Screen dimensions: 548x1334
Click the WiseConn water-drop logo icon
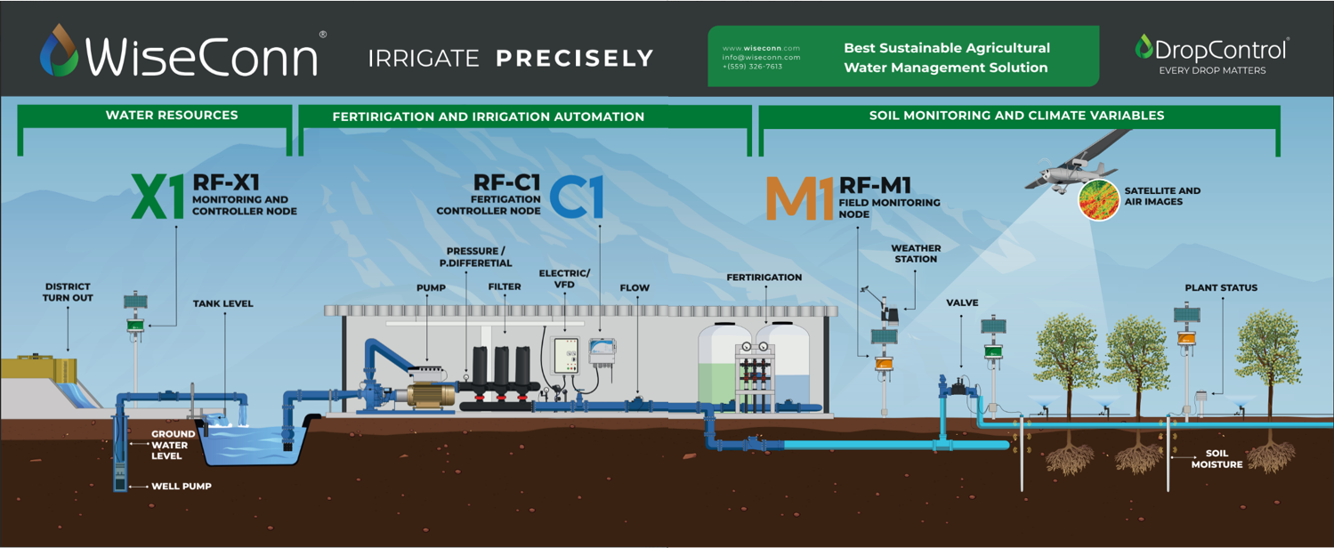point(59,51)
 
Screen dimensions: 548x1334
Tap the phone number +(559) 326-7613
point(752,67)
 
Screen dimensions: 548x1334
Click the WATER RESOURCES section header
point(172,115)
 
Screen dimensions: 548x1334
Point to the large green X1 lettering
point(158,197)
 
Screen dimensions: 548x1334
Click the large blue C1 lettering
point(577,197)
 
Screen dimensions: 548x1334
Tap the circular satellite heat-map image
point(1098,200)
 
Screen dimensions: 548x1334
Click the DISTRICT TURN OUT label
point(68,292)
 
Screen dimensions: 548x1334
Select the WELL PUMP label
point(181,487)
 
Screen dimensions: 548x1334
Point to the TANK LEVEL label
point(223,303)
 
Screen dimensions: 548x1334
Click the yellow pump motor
point(431,393)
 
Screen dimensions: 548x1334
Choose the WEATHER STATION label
point(916,254)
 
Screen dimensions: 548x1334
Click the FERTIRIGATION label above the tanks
point(764,277)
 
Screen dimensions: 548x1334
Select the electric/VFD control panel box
point(565,358)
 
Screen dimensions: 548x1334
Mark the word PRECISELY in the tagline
point(574,59)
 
